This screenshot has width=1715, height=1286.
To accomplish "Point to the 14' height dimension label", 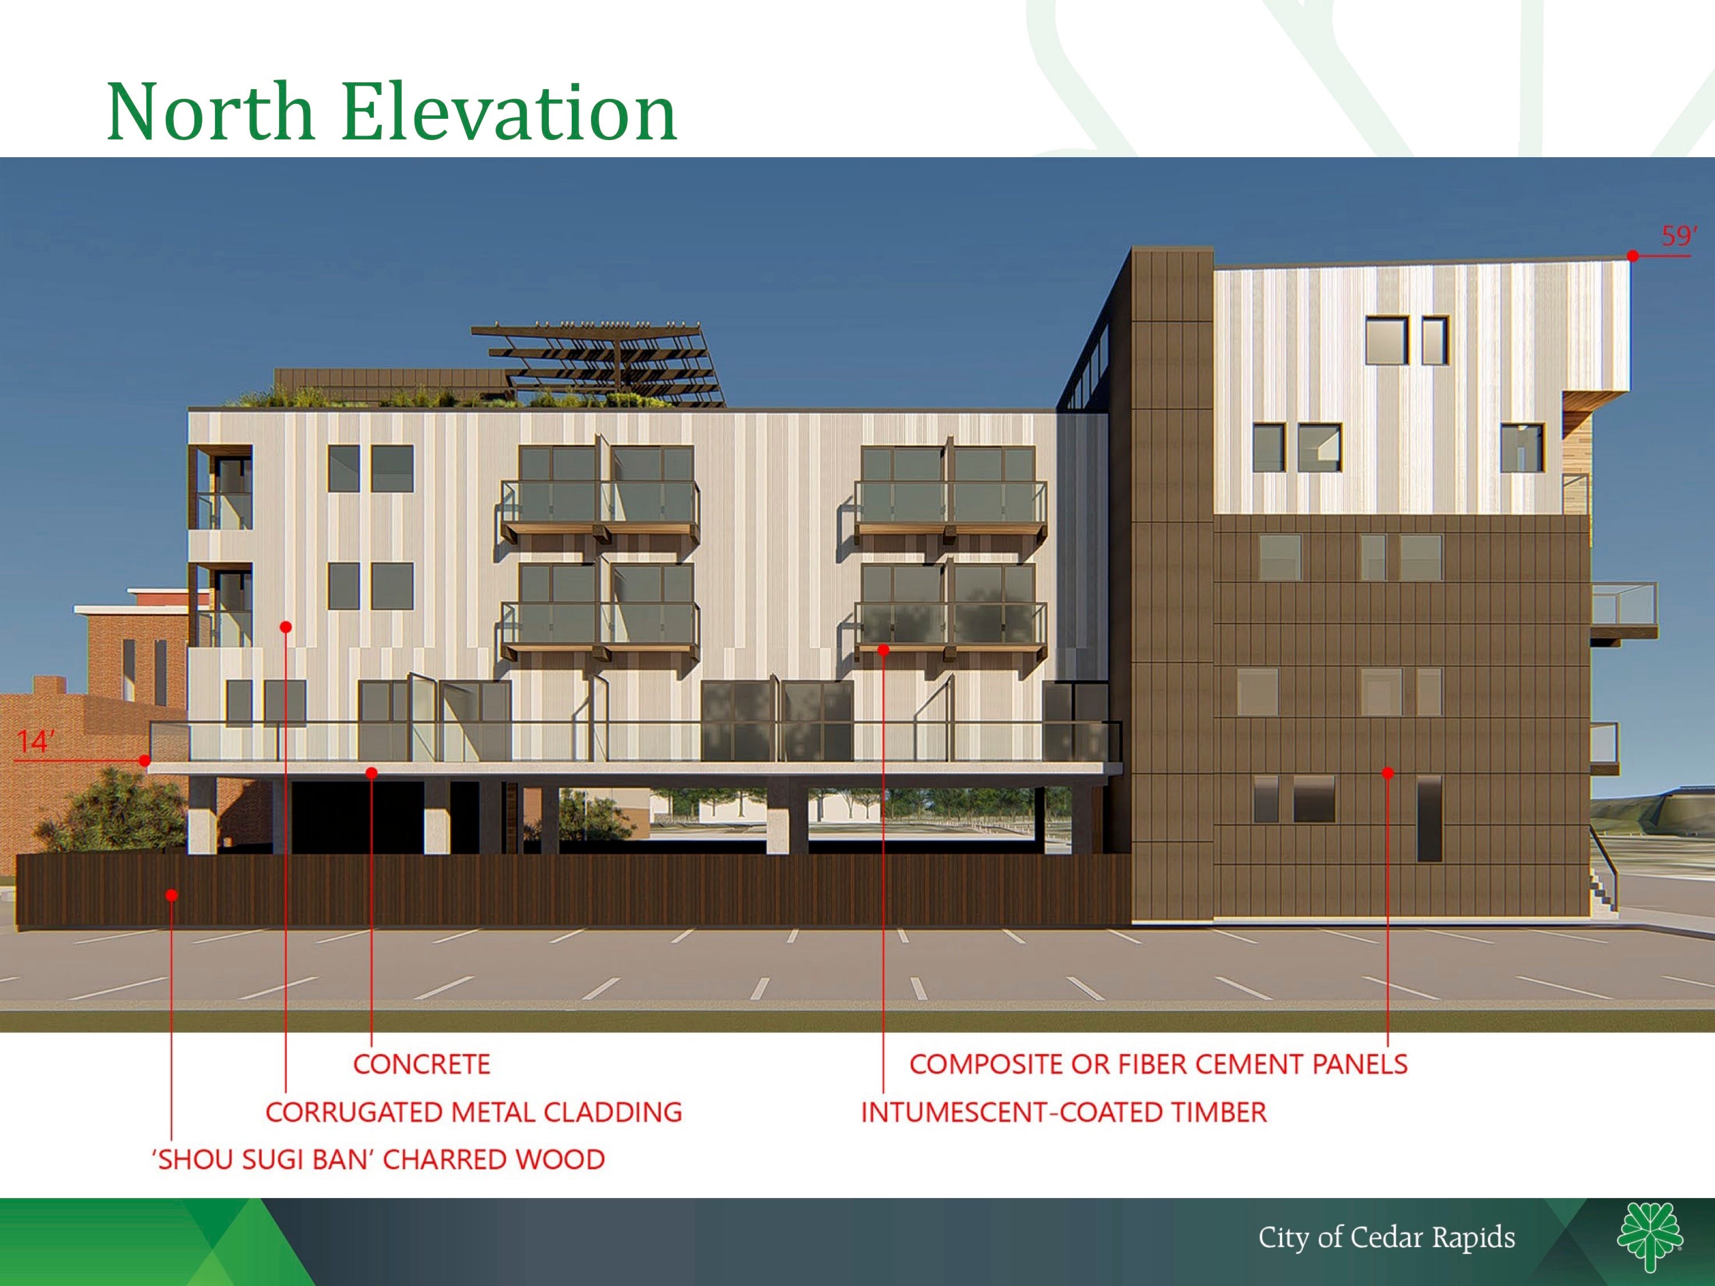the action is tap(35, 742).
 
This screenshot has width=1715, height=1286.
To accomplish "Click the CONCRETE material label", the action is tap(422, 1064).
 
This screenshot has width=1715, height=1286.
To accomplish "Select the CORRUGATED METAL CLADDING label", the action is tap(474, 1112).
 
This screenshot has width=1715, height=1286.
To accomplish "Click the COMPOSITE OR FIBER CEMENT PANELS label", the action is tap(1158, 1064).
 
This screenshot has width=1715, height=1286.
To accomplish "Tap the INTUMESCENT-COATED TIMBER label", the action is tap(1064, 1112).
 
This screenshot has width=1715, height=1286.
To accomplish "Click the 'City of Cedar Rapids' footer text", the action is tap(1386, 1237).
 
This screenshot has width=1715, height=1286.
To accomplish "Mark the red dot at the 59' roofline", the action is tap(1633, 256).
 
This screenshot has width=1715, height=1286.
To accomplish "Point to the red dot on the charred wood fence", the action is tap(171, 895).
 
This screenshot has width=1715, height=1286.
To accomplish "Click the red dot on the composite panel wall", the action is tap(1388, 773).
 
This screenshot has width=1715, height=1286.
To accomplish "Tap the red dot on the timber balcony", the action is tap(883, 650).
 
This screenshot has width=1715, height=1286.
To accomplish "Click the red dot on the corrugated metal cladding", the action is tap(286, 627).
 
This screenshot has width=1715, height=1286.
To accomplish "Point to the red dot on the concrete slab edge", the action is tap(372, 773).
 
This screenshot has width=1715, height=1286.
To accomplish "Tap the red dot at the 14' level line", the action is tap(145, 761).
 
